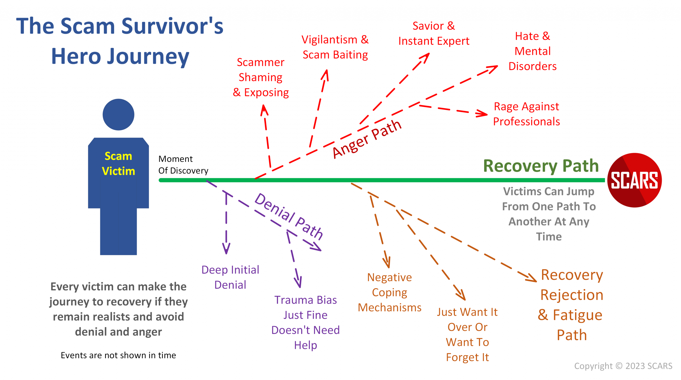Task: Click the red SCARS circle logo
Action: pos(634,180)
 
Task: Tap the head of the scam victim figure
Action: pos(118,115)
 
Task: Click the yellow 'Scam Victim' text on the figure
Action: pos(118,163)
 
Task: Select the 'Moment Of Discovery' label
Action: pos(183,165)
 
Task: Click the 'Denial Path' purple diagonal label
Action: pos(289,216)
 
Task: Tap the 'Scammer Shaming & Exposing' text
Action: pos(261,77)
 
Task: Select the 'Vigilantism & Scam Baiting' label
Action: pos(335,47)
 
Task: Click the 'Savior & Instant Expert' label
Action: pos(434,34)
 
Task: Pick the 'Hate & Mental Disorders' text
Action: pos(532,51)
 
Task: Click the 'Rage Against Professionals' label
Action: pos(526,114)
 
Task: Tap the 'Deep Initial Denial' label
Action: pos(230,277)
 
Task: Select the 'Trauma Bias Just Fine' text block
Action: pos(305,322)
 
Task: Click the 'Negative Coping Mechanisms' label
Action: pos(389,292)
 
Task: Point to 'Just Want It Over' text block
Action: pos(467,334)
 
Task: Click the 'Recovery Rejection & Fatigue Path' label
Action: pos(572,305)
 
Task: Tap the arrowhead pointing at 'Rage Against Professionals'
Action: pos(482,114)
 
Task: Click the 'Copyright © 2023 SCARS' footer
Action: pos(623,366)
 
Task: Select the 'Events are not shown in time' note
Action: pos(118,355)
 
